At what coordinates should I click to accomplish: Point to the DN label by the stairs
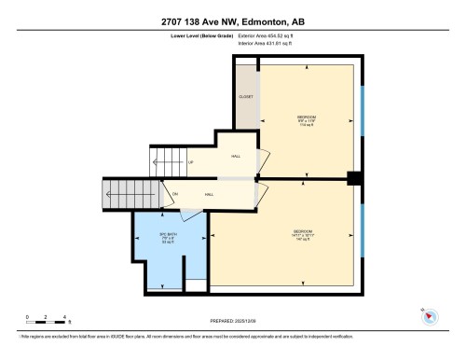point(174,194)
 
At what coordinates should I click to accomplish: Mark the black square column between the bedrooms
point(354,177)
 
